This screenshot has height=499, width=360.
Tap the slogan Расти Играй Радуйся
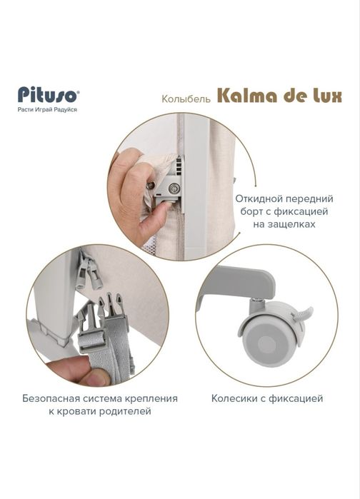click(x=48, y=109)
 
